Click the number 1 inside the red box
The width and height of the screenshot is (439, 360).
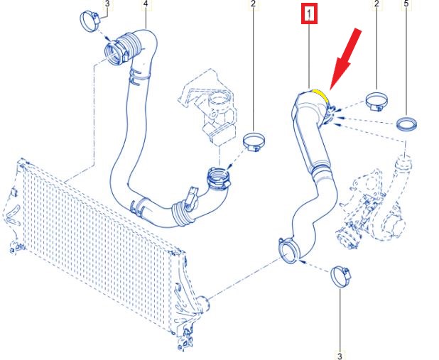click(309, 13)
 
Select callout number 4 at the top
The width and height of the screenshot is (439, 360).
click(146, 4)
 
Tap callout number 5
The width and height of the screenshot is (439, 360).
click(406, 4)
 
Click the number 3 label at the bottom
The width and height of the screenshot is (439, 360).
click(340, 356)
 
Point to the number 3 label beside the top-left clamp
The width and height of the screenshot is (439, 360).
click(107, 4)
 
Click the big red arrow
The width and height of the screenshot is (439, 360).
click(345, 59)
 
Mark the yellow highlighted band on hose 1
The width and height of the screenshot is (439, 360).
click(321, 95)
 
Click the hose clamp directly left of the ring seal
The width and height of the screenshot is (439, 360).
click(377, 102)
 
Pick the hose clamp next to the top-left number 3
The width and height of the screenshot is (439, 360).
click(90, 21)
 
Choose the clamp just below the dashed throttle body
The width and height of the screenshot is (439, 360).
click(254, 142)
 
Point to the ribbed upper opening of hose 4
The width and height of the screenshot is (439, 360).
click(114, 53)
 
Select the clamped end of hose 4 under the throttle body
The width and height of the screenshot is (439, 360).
click(219, 179)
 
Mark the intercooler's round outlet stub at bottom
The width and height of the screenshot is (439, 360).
click(203, 304)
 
